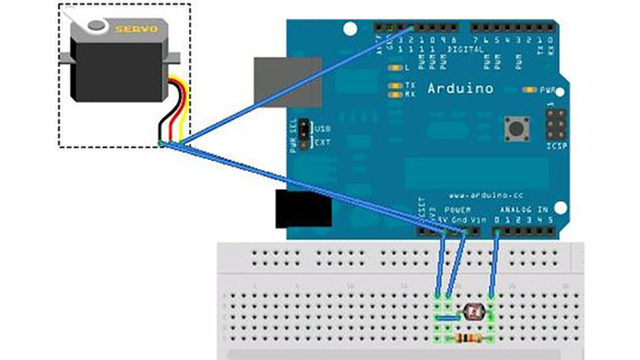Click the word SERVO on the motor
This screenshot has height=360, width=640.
coord(135,28)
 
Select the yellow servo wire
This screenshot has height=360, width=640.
coord(185,108)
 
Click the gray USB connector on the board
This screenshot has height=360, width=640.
coord(287,82)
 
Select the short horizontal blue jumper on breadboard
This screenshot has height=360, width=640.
coord(447,317)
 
